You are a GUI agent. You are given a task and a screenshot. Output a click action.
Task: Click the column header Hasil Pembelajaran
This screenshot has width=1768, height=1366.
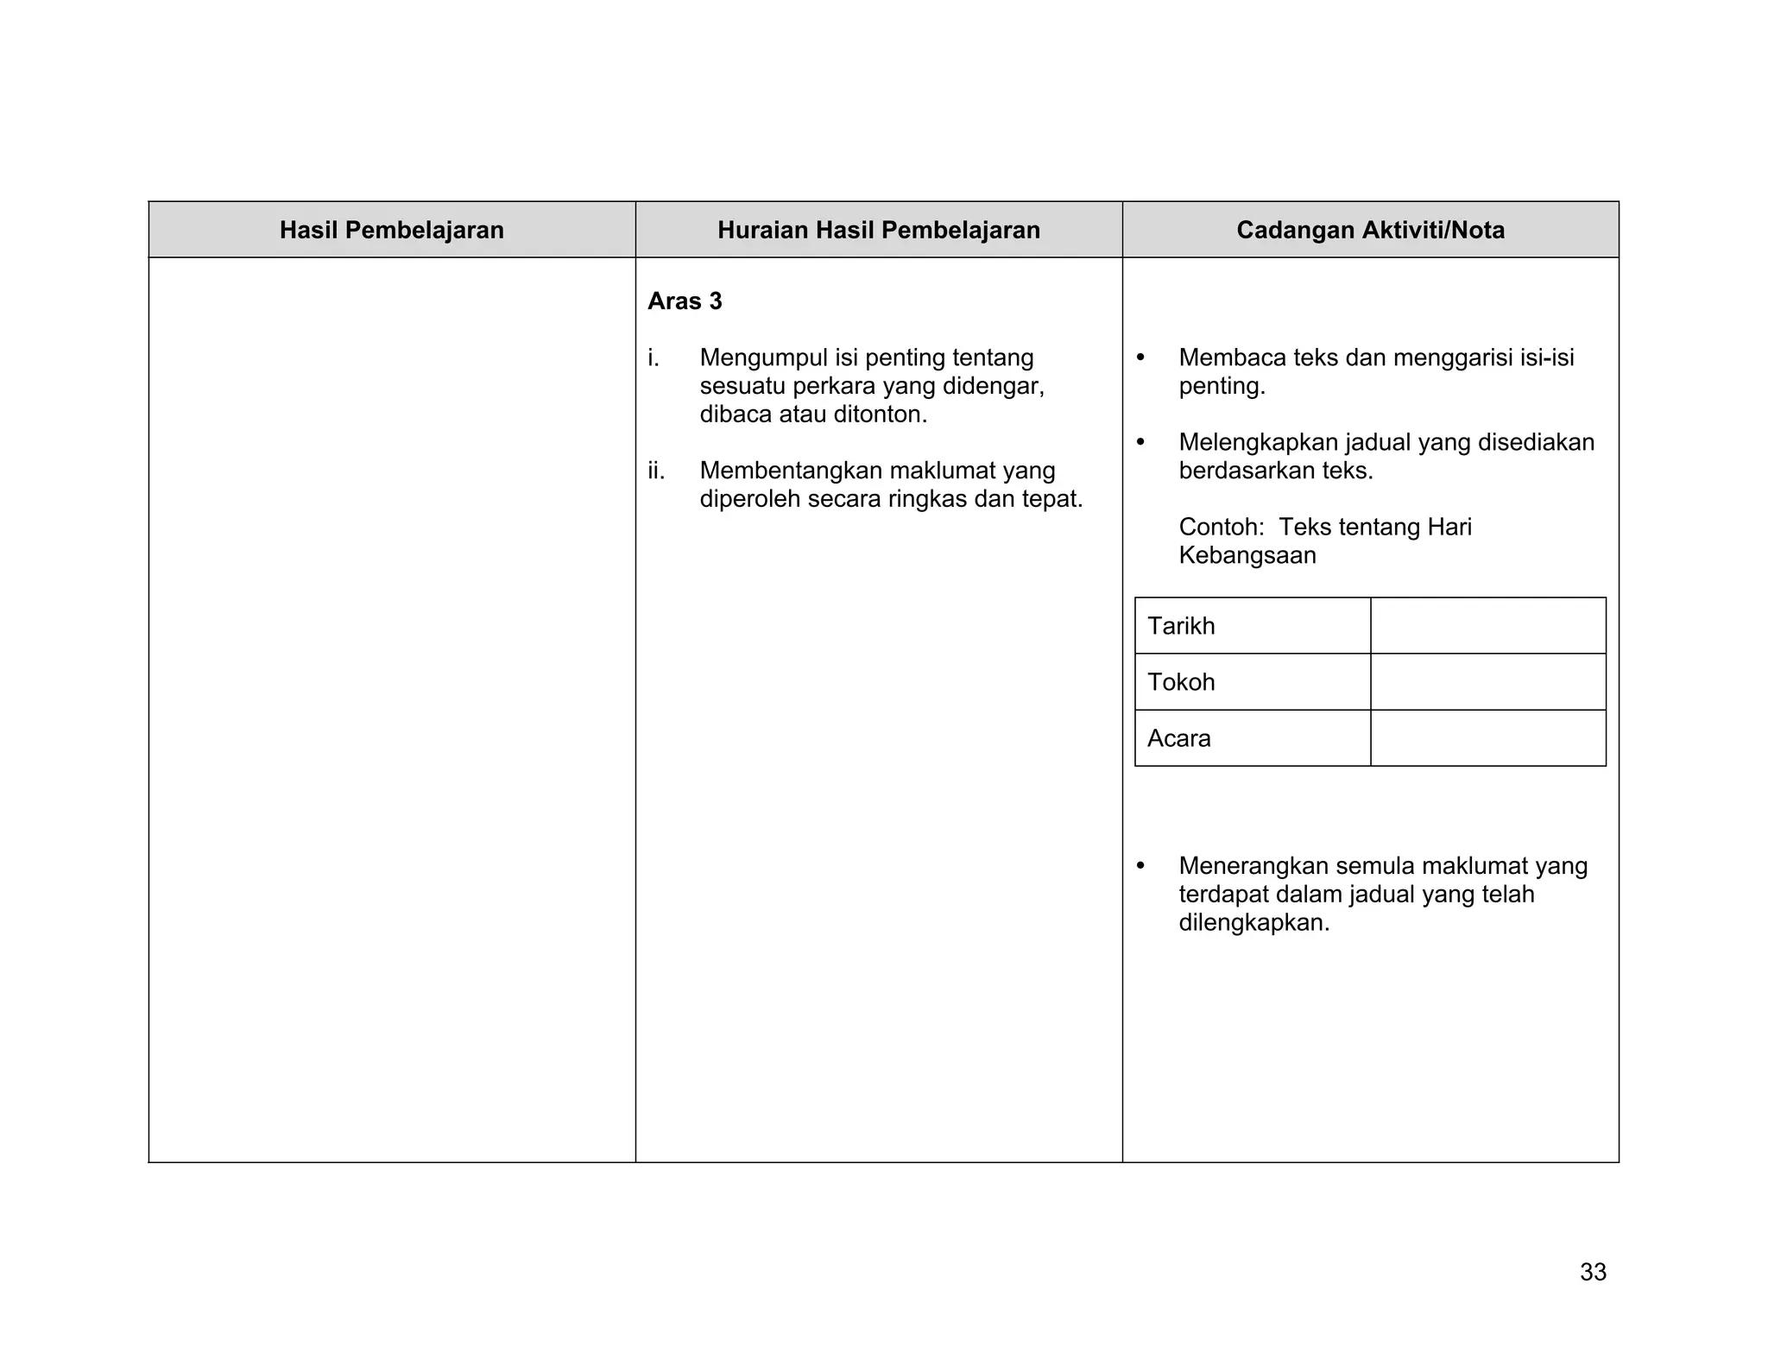[391, 231]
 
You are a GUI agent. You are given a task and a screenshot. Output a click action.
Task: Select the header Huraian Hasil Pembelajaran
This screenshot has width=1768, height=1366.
[878, 231]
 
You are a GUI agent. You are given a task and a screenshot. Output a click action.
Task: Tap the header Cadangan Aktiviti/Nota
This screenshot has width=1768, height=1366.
[1370, 231]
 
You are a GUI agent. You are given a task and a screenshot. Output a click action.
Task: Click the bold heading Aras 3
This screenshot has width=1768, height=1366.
[685, 301]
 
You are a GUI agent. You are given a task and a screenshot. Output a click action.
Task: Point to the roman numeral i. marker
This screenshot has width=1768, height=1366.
[654, 357]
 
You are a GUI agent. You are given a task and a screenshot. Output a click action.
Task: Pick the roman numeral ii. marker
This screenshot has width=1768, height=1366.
[656, 471]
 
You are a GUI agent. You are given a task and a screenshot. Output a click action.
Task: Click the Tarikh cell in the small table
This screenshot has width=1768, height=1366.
[1252, 626]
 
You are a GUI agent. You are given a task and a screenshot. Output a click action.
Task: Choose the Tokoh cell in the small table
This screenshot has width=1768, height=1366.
[1252, 682]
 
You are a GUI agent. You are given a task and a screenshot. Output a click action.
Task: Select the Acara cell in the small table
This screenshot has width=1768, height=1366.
[1252, 738]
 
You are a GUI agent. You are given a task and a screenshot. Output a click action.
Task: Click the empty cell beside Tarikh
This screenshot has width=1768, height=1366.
[1487, 626]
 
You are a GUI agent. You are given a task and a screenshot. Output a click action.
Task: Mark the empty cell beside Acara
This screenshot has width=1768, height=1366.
[1487, 738]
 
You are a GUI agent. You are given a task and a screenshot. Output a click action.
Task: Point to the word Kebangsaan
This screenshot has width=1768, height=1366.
[1247, 555]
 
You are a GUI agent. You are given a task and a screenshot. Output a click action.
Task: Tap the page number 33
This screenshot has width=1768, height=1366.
[1593, 1272]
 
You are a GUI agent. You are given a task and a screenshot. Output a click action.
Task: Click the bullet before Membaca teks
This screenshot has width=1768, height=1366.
[1140, 357]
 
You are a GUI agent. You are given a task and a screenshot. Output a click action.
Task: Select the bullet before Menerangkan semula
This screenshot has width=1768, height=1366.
[1140, 865]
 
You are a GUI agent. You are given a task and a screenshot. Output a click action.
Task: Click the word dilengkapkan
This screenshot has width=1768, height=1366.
[1253, 922]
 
